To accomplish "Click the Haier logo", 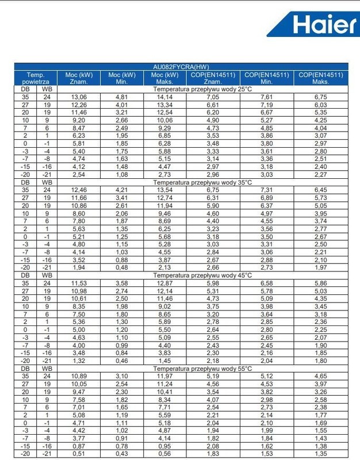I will click(324, 24).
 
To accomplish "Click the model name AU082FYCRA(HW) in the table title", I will click(181, 67).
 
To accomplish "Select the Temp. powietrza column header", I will click(35, 78).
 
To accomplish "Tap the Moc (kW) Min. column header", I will click(121, 78).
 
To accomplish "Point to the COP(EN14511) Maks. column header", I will click(320, 78).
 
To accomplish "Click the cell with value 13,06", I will click(79, 97).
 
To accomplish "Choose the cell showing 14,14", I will click(165, 97).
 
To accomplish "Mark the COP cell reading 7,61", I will click(266, 97).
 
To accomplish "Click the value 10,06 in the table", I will click(165, 120).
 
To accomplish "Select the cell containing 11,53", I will click(79, 283).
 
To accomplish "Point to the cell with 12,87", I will click(165, 283).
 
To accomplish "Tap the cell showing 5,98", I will click(213, 283).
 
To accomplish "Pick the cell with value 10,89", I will click(79, 376).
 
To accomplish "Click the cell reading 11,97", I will click(165, 376).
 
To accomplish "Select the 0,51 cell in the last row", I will click(79, 454).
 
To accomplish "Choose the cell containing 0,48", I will click(121, 267).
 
